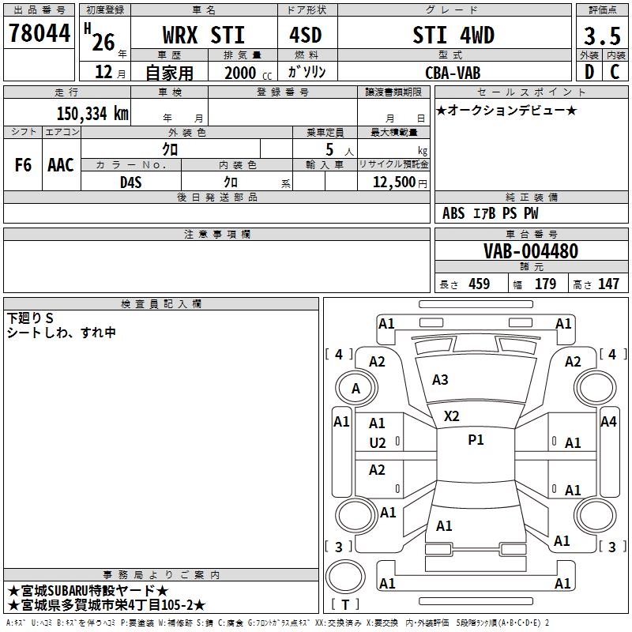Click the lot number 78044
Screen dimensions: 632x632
tap(39, 33)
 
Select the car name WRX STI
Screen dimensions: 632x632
tap(204, 35)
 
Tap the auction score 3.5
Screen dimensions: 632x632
tap(602, 36)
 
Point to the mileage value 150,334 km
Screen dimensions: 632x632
tap(92, 114)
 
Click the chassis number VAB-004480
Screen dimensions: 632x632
tap(531, 251)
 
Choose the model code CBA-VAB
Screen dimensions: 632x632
tap(453, 73)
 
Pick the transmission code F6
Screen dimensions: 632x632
tap(23, 165)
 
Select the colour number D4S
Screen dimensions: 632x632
tap(131, 182)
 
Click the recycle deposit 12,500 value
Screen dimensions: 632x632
tap(394, 182)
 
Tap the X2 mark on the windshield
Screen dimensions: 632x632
tap(451, 416)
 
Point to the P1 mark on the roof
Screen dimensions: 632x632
tap(476, 440)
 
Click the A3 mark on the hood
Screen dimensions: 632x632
tap(440, 380)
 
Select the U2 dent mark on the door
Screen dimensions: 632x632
tap(378, 443)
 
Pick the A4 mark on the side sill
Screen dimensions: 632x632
tap(608, 422)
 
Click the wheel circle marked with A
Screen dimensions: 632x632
tap(356, 388)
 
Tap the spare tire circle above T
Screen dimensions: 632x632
tap(345, 577)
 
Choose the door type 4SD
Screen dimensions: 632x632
tap(306, 35)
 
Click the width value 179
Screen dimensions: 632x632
tap(545, 284)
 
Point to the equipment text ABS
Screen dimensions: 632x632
tap(453, 213)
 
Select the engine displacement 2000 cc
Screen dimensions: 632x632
tap(248, 73)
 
